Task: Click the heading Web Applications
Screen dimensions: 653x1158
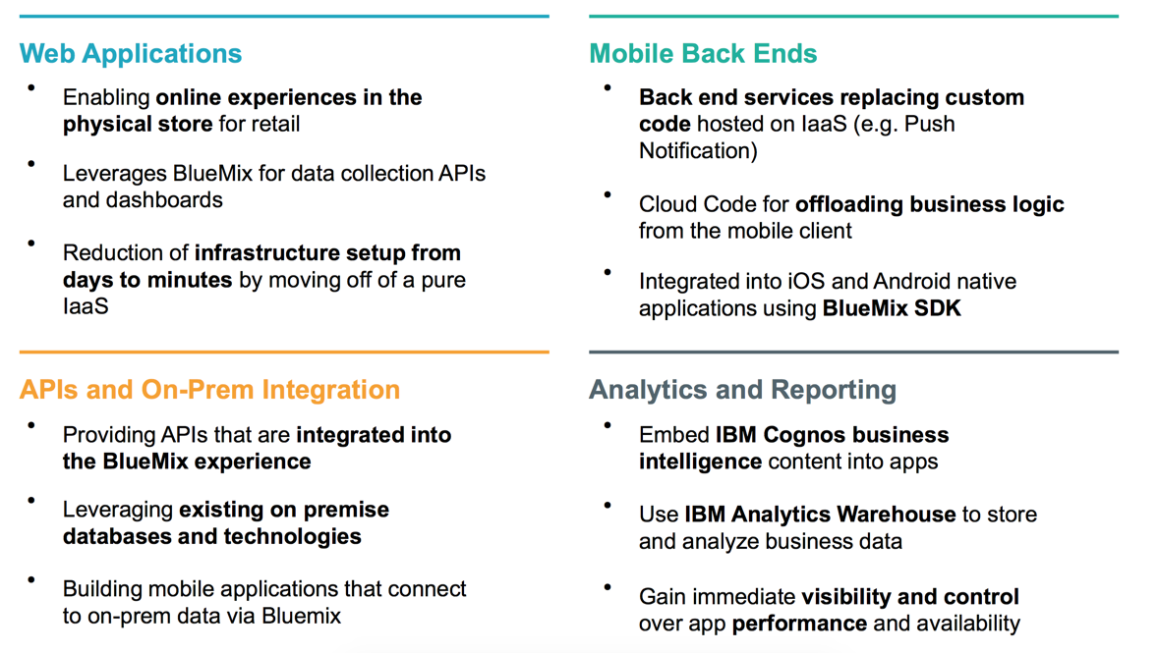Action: [x=131, y=54]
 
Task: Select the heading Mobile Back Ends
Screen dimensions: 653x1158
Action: [x=703, y=54]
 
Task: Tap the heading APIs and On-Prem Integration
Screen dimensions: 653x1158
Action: [x=209, y=390]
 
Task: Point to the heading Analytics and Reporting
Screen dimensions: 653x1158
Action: [x=742, y=390]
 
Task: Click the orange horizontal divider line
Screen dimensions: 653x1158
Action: [x=284, y=352]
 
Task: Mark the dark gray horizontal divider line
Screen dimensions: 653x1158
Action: [x=853, y=352]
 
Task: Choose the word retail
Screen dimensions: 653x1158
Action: [x=273, y=124]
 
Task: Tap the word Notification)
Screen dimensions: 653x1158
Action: [x=699, y=151]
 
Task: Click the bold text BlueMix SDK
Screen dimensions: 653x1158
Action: [x=892, y=308]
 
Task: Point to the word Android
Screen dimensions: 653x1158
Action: [x=914, y=282]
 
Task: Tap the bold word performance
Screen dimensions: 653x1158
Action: [x=799, y=624]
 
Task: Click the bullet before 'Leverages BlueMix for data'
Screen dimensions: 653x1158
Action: [x=31, y=164]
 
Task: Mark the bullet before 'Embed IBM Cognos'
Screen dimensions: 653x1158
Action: [x=608, y=425]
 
